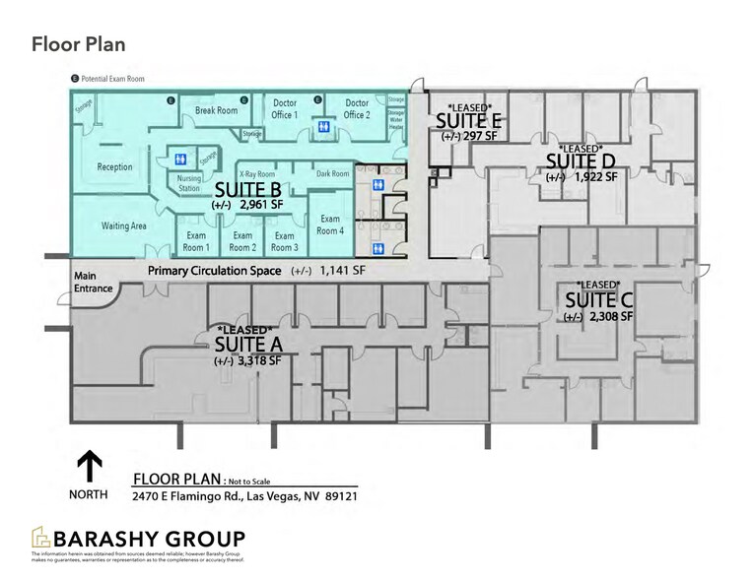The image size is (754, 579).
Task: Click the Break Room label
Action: [x=216, y=111]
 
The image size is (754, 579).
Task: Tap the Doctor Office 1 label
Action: [x=285, y=108]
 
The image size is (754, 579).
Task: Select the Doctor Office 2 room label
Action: [x=357, y=108]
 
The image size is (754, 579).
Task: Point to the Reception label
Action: [x=114, y=167]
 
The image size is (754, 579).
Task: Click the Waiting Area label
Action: [x=123, y=225]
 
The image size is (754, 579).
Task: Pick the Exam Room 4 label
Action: [x=330, y=224]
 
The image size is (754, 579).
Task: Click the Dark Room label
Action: [x=332, y=173]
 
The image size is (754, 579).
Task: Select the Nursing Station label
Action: [x=189, y=183]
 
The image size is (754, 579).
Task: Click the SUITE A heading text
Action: [x=248, y=344]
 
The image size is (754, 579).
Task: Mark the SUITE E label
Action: [x=469, y=120]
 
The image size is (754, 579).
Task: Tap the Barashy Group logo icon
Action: [x=41, y=539]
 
